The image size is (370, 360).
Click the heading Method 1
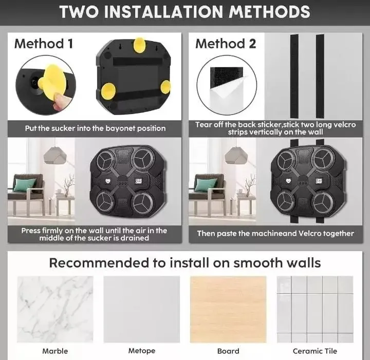44,44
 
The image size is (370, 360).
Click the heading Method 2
226,44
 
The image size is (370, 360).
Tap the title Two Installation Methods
185,11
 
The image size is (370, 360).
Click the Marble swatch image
55,309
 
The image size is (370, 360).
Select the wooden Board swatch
228,309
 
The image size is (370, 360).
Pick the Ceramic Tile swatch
315,309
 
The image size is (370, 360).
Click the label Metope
142,351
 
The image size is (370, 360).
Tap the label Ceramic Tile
315,351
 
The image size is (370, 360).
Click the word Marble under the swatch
55,351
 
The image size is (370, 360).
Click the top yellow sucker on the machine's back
139,45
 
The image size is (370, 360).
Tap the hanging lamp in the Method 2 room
236,156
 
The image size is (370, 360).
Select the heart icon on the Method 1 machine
108,181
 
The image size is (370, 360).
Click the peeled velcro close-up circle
227,85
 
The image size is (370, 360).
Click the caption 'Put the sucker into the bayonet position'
96,128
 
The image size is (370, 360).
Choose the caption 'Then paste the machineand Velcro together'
275,233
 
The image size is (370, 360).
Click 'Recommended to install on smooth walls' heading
185,263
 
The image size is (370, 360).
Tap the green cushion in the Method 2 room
206,184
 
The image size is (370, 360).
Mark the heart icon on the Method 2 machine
288,181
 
